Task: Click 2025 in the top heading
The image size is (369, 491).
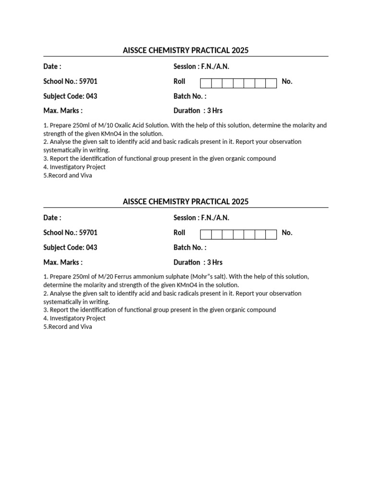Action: click(240, 50)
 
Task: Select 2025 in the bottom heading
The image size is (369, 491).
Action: click(240, 202)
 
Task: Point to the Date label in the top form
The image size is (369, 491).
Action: click(52, 67)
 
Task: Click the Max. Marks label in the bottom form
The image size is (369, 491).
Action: click(62, 263)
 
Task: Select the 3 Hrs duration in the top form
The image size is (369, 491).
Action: click(215, 111)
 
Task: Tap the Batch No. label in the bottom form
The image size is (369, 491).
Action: click(190, 248)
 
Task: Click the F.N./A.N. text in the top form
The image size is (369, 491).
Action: click(215, 67)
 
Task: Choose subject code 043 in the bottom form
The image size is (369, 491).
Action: click(91, 248)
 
